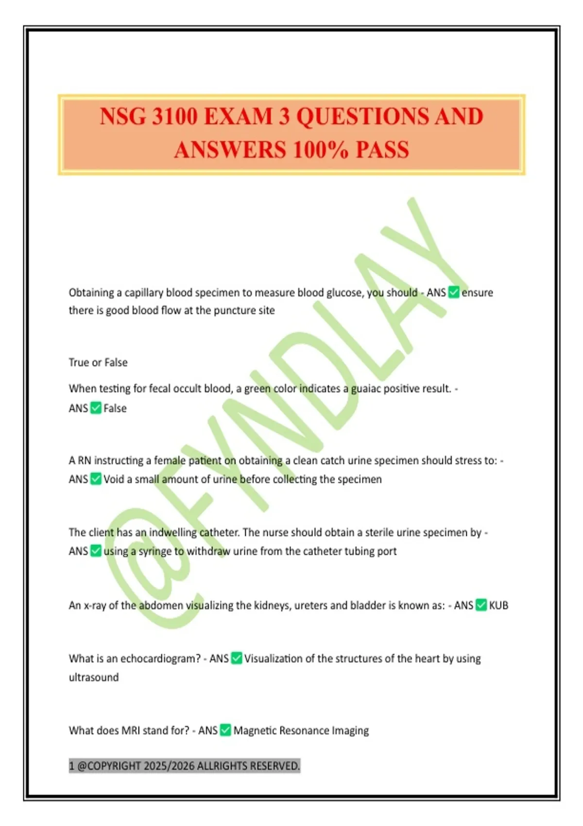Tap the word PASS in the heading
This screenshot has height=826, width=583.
(382, 150)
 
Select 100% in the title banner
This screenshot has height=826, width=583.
(321, 150)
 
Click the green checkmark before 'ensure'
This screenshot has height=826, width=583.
(454, 292)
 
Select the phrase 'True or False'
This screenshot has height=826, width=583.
(98, 362)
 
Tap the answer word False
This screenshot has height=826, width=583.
(115, 408)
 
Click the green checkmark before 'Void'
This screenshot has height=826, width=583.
(96, 479)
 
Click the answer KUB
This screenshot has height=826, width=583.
(498, 605)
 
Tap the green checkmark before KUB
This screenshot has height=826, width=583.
(481, 605)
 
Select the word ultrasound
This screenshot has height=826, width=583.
(94, 677)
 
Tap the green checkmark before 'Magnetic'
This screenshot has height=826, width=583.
(225, 730)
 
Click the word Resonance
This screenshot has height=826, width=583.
(305, 731)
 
